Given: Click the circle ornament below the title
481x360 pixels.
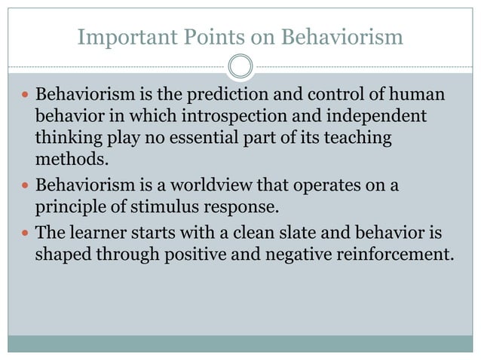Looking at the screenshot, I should pos(240,67).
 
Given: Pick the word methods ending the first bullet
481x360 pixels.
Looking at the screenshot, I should pos(67,160).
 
